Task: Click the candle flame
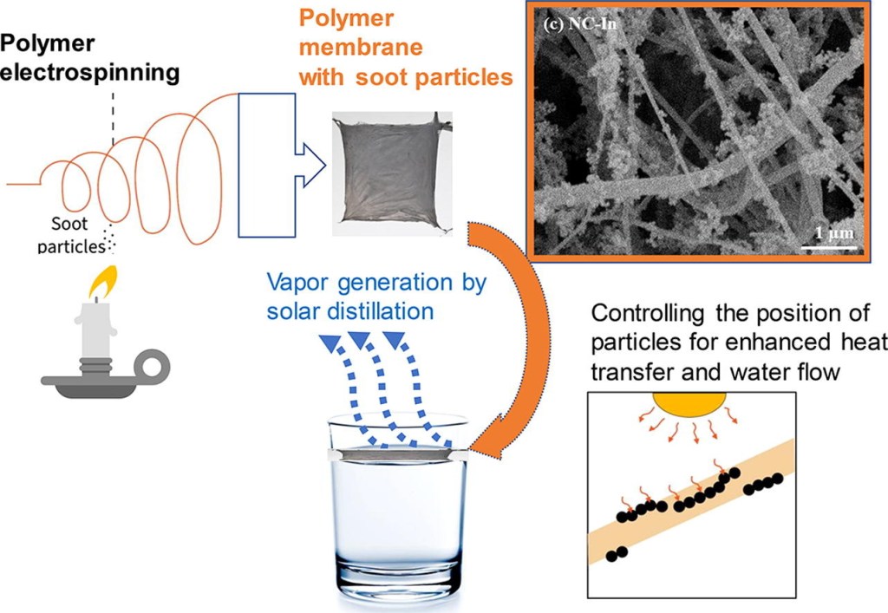98,281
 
